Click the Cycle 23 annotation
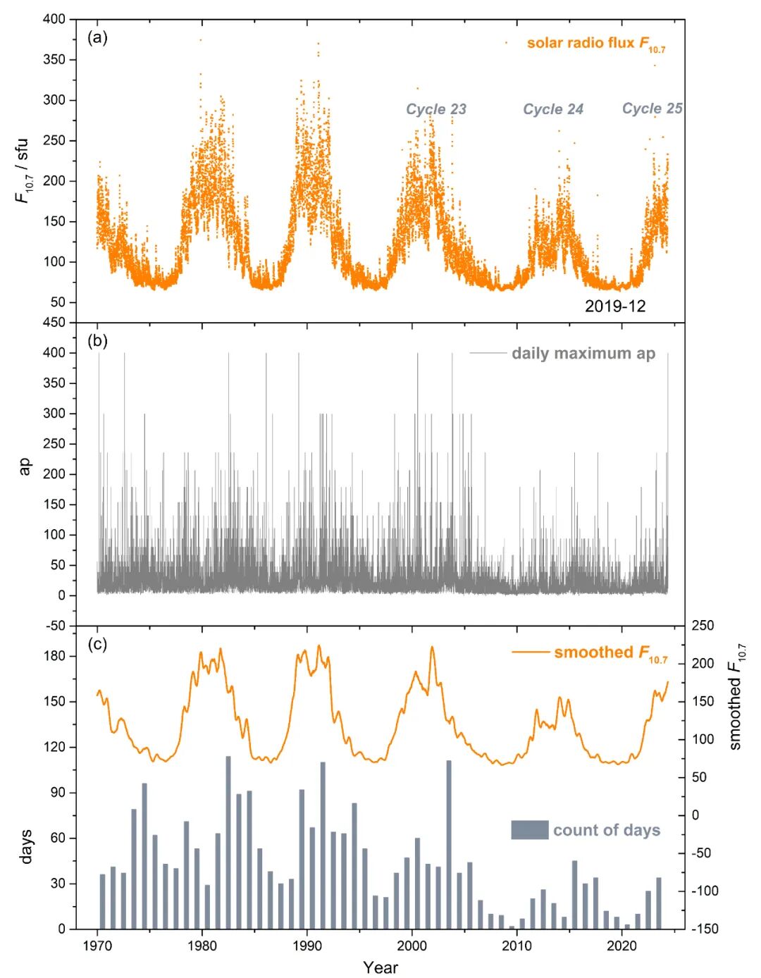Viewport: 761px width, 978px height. click(436, 109)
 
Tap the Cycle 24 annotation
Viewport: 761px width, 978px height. click(553, 109)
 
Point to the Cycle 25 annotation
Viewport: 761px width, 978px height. click(652, 109)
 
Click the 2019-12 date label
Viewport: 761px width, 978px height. click(615, 307)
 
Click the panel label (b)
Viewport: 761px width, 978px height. click(97, 342)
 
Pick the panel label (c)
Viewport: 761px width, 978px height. click(97, 645)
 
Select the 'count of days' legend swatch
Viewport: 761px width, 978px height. click(530, 829)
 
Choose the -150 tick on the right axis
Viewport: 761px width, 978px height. click(705, 929)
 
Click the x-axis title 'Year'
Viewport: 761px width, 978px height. click(380, 967)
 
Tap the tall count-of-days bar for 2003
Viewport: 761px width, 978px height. click(449, 845)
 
